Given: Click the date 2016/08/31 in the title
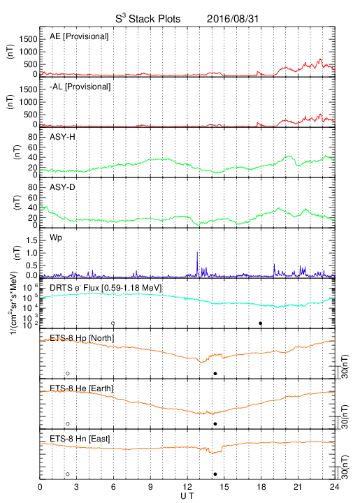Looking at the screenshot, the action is (232, 19).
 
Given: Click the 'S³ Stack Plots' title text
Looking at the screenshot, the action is (148, 18).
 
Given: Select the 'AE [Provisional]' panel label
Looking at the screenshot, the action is (79, 36).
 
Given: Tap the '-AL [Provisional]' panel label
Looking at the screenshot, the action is (80, 87).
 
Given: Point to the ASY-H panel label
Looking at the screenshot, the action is (62, 137).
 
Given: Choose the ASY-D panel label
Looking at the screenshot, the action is (62, 187).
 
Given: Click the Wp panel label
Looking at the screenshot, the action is (55, 238).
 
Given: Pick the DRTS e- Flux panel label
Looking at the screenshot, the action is (106, 288).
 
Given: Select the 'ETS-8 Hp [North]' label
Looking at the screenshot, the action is (82, 338).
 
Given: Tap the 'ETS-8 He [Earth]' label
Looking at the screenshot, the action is (82, 388).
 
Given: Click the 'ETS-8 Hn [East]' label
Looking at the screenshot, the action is (80, 439).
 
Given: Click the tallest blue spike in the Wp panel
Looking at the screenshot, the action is (197, 263).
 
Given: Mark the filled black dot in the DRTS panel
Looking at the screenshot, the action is (261, 323).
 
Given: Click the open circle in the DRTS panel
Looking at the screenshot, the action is (113, 323).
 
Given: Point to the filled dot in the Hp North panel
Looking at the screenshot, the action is (215, 373).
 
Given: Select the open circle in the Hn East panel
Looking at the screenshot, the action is (68, 474).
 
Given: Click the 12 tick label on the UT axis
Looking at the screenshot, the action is (187, 487).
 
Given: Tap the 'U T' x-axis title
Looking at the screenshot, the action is (187, 496).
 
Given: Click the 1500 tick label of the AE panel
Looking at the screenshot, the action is (28, 39).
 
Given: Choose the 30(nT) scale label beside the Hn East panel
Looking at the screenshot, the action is (345, 467).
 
